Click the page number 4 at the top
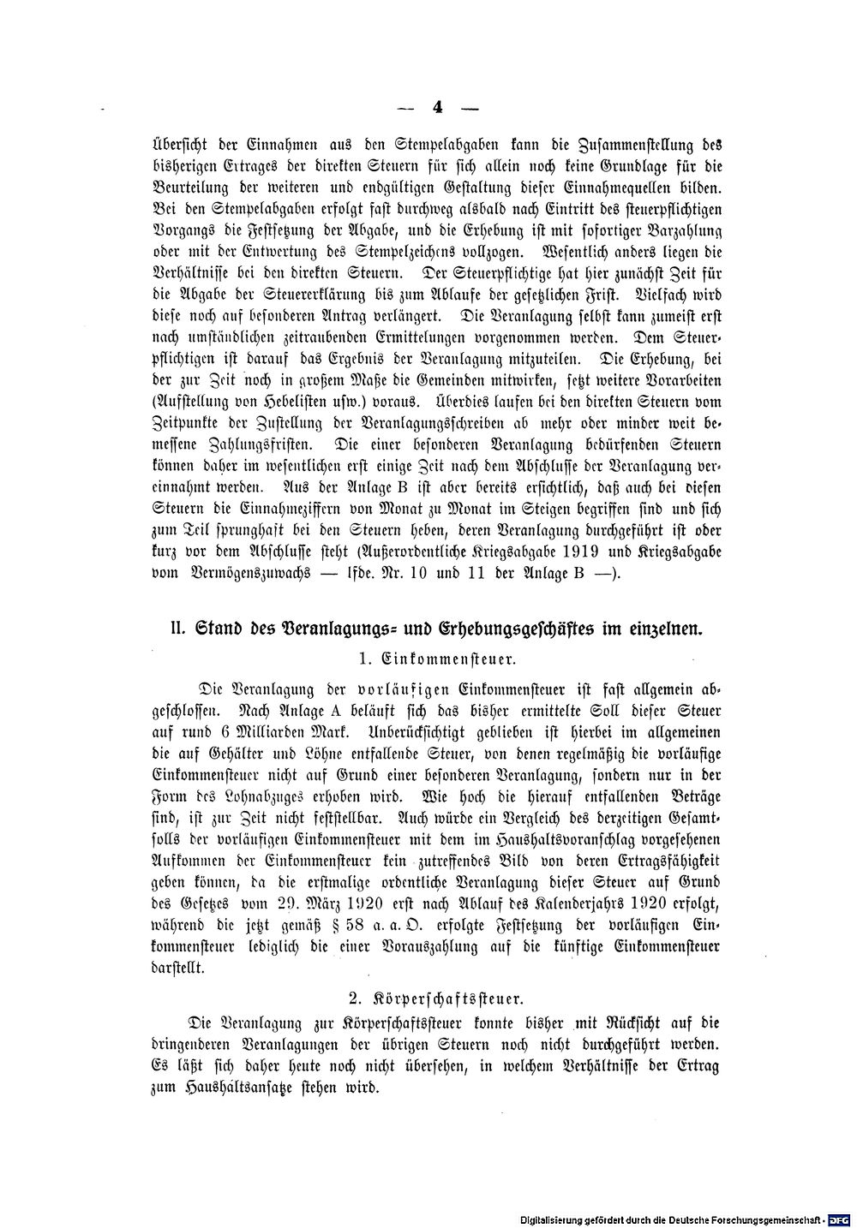(x=436, y=108)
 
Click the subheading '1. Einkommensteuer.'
(x=436, y=660)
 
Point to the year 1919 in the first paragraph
(x=580, y=552)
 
